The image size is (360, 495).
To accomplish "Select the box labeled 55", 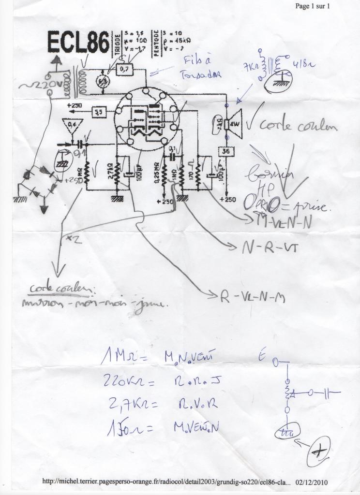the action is [x=99, y=112].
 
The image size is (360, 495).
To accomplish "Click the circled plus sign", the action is [x=318, y=451].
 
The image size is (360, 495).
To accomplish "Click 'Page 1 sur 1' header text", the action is [x=312, y=6].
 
